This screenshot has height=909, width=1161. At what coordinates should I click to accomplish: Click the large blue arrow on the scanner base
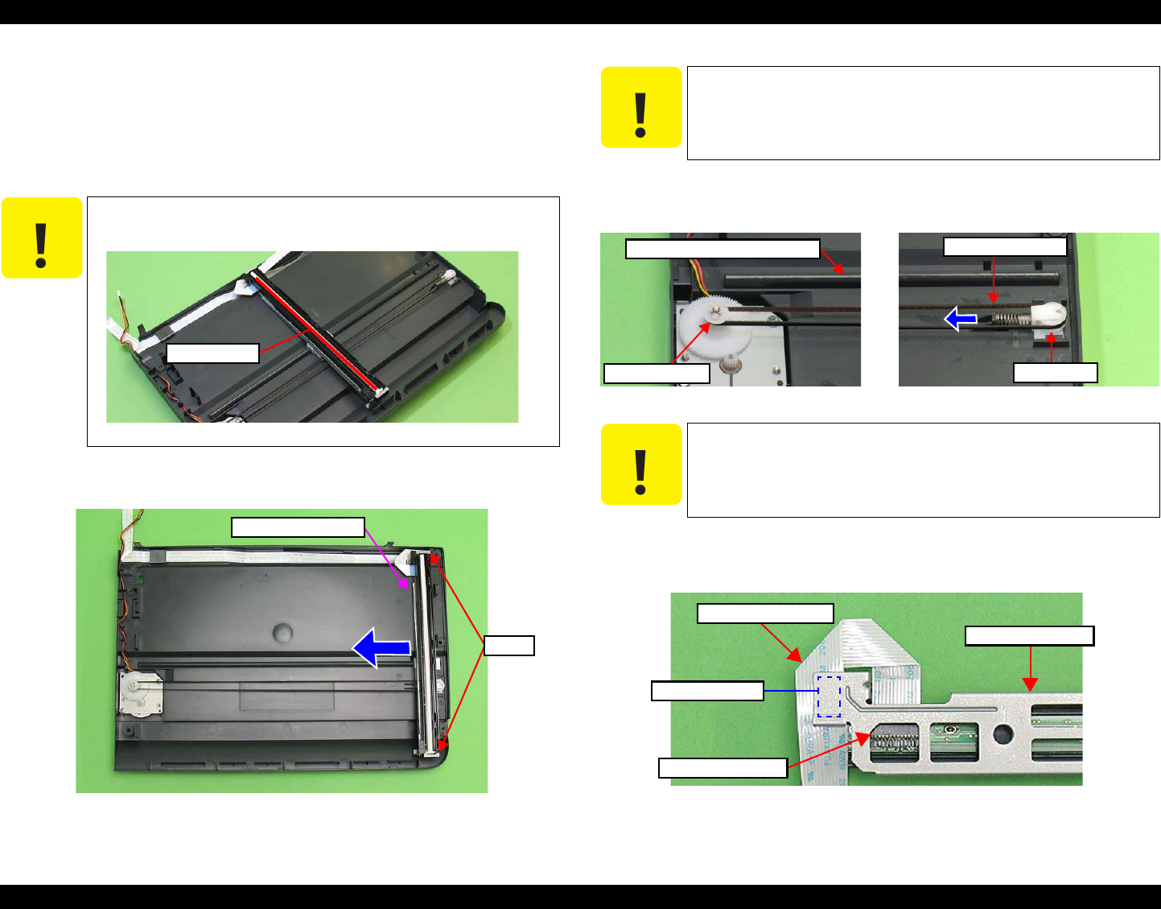381,647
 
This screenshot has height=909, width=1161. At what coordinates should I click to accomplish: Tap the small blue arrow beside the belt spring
961,320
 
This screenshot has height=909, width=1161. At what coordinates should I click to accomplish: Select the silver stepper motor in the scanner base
140,693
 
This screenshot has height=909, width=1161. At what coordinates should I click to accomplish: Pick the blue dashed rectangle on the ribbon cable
829,696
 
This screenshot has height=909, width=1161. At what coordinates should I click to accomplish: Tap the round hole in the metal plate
1002,734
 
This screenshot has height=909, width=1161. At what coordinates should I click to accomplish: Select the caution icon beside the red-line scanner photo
42,238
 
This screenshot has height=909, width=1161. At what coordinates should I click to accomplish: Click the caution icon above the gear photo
641,107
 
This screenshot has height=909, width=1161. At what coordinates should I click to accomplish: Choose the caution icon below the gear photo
641,465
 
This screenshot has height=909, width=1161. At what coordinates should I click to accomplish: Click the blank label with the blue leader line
706,691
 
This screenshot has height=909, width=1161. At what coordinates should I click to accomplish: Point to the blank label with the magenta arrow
298,527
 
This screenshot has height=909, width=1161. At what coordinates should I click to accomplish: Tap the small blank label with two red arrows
508,645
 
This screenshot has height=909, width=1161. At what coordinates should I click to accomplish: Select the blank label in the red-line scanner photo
212,353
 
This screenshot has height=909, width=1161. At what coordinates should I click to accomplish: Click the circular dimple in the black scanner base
284,630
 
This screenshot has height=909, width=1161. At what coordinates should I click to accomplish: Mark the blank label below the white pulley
1055,372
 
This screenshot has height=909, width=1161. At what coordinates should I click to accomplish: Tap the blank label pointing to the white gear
657,373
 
